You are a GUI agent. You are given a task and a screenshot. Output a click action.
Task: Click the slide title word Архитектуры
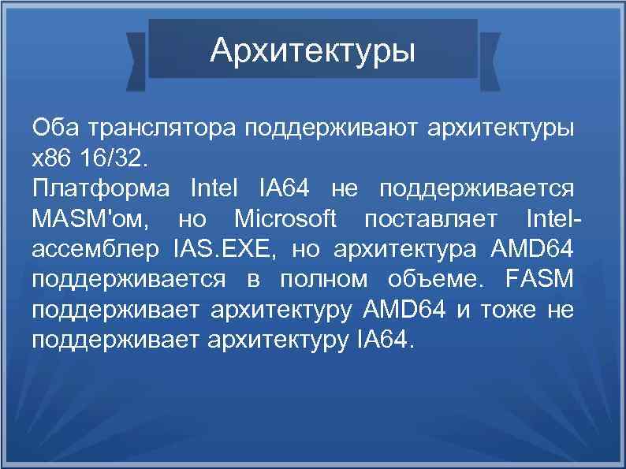click(312, 52)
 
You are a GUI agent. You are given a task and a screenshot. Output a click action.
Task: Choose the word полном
click(332, 280)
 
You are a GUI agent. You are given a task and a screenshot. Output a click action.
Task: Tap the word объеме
click(429, 280)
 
